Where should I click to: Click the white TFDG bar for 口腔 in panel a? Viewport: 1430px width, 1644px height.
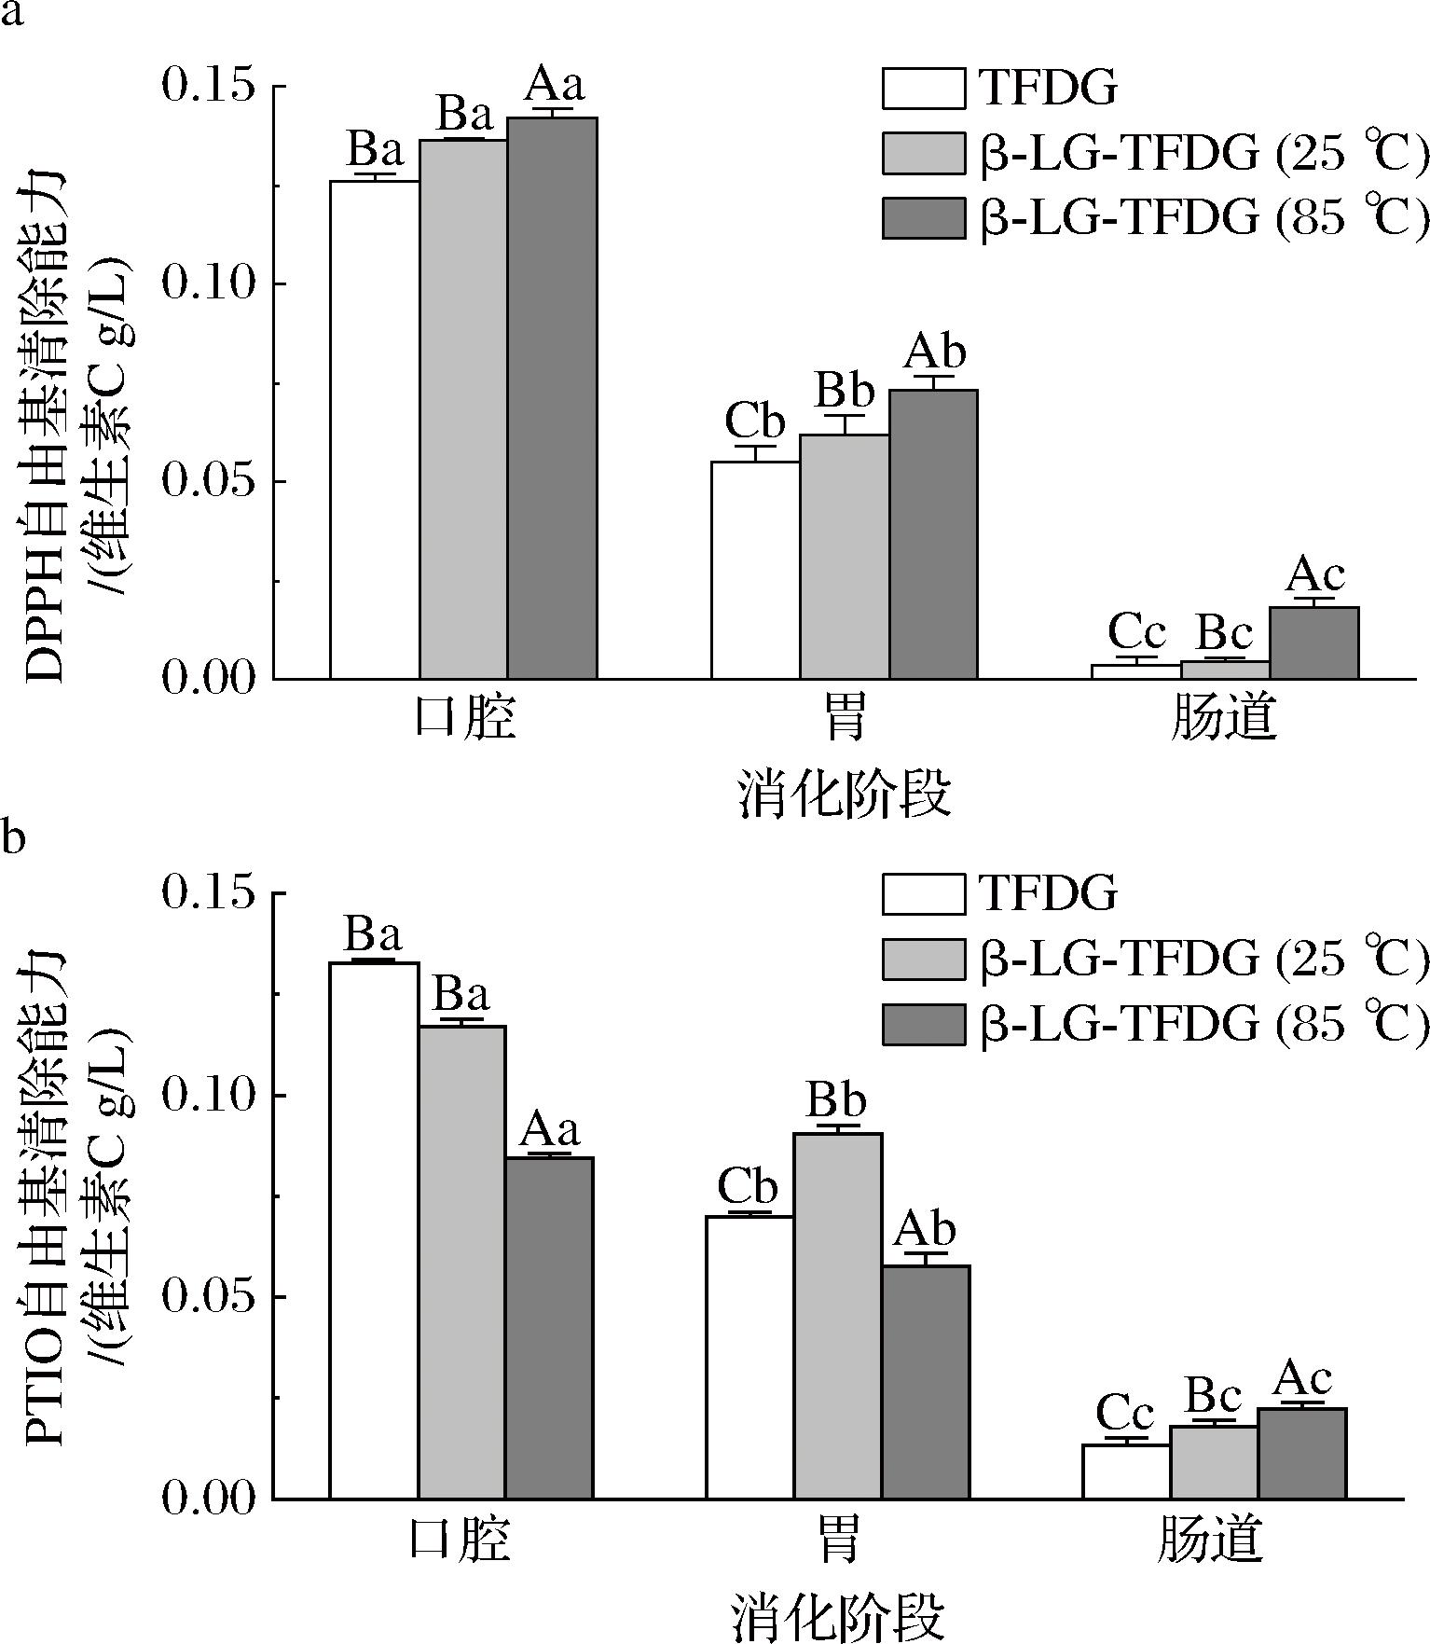[x=374, y=429]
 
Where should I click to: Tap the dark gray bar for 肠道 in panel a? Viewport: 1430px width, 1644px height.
[x=1313, y=642]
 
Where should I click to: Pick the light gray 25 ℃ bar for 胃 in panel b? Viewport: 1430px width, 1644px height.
[x=837, y=1315]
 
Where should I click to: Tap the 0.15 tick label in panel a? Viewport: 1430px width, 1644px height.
[x=208, y=86]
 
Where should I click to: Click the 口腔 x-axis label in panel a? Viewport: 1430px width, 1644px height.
[x=463, y=720]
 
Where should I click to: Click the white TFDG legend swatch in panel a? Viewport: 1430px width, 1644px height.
[x=923, y=88]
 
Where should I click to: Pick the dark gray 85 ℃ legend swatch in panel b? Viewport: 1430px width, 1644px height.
[x=923, y=1025]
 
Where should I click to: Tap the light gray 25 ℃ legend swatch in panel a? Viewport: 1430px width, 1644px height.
[x=923, y=153]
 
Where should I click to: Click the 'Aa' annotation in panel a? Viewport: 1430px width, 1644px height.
[x=554, y=85]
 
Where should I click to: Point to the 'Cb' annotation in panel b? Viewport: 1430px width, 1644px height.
[x=748, y=1189]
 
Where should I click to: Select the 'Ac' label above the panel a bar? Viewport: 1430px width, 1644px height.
[x=1314, y=575]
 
